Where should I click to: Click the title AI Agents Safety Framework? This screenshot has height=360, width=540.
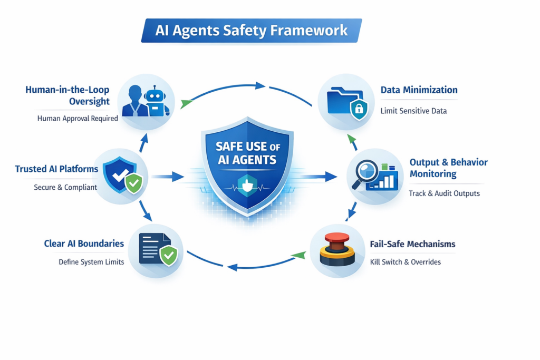252,30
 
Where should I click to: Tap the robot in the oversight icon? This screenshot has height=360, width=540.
155,102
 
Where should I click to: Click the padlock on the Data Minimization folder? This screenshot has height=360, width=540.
359,109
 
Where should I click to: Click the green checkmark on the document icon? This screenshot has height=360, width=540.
169,256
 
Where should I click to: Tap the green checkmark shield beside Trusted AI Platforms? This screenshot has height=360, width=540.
133,183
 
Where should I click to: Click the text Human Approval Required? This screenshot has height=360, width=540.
78,119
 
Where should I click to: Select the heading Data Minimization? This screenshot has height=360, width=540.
419,90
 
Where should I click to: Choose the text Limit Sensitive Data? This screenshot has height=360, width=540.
413,111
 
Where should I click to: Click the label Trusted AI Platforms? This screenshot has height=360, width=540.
56,169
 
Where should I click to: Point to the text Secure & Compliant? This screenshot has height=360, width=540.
65,187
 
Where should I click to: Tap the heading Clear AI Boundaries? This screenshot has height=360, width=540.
84,244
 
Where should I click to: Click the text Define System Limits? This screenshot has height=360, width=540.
91,262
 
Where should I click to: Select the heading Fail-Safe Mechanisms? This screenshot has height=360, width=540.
412,245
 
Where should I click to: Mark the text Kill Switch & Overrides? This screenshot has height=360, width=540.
406,262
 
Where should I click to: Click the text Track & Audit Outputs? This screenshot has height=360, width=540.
444,193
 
